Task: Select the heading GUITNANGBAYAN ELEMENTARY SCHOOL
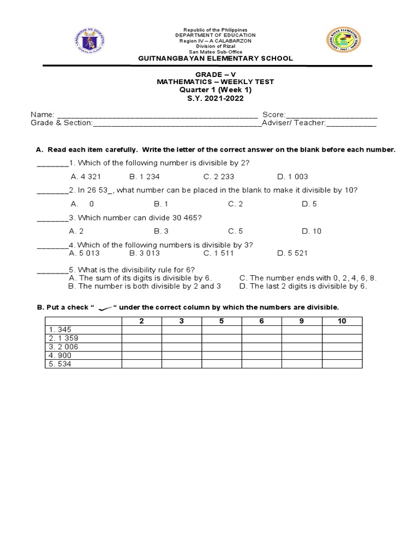click(216, 58)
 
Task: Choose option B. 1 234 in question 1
click(145, 176)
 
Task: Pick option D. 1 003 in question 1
click(292, 176)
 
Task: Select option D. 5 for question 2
click(309, 204)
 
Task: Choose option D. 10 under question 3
click(312, 231)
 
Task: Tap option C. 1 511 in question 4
click(219, 253)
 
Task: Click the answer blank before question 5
click(52, 270)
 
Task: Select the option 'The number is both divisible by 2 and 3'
click(145, 286)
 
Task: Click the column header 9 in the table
click(302, 321)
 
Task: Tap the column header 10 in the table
click(342, 321)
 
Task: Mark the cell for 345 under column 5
click(222, 330)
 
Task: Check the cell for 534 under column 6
click(261, 364)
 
